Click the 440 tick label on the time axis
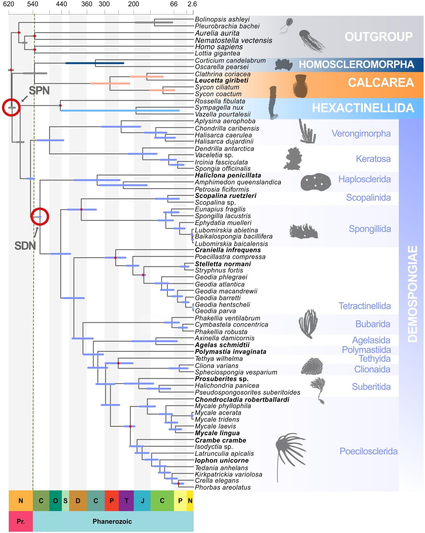(62, 4)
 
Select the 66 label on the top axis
(174, 4)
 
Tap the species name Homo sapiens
(219, 47)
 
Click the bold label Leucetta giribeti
(221, 80)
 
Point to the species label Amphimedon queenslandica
(238, 182)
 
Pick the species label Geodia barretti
(218, 298)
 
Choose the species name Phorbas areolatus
(223, 487)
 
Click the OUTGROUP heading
(378, 37)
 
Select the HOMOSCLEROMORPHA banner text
(356, 64)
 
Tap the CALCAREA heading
(381, 83)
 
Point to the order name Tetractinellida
(365, 306)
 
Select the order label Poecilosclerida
(368, 451)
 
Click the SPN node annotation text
(39, 91)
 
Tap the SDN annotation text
(25, 246)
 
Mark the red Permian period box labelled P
(112, 501)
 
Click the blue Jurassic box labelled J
(142, 501)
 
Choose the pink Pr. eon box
(21, 521)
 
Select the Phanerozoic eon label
(112, 521)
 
